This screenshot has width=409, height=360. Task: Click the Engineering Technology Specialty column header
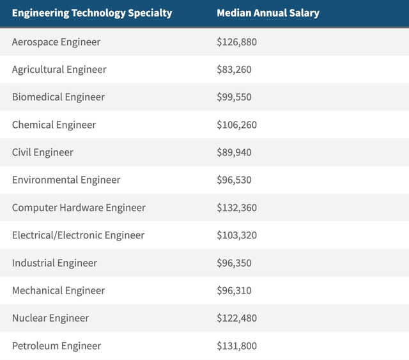click(92, 13)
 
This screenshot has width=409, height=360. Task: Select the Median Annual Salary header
click(268, 13)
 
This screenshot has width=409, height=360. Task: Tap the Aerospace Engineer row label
click(56, 42)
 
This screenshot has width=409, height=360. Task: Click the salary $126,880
click(236, 42)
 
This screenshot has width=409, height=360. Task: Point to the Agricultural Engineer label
click(59, 70)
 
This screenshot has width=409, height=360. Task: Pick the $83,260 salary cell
click(234, 70)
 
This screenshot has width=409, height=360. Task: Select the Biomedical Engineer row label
click(58, 97)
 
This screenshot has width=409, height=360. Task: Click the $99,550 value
click(234, 97)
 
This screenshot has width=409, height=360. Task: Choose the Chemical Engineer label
click(54, 125)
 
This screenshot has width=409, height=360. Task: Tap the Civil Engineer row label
click(43, 152)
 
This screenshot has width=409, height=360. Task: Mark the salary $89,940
click(234, 152)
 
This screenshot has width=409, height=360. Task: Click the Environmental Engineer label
click(66, 180)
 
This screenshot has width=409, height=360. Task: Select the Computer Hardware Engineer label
click(79, 208)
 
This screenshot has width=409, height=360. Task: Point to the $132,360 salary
click(236, 208)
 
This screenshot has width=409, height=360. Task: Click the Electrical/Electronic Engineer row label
click(78, 235)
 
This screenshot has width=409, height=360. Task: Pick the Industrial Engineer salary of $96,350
click(234, 263)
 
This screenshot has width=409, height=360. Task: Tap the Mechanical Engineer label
click(58, 290)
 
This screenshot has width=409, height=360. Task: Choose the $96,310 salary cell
click(234, 290)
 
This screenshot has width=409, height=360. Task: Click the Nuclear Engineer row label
click(50, 318)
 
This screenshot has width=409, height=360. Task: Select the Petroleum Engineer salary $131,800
click(236, 346)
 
